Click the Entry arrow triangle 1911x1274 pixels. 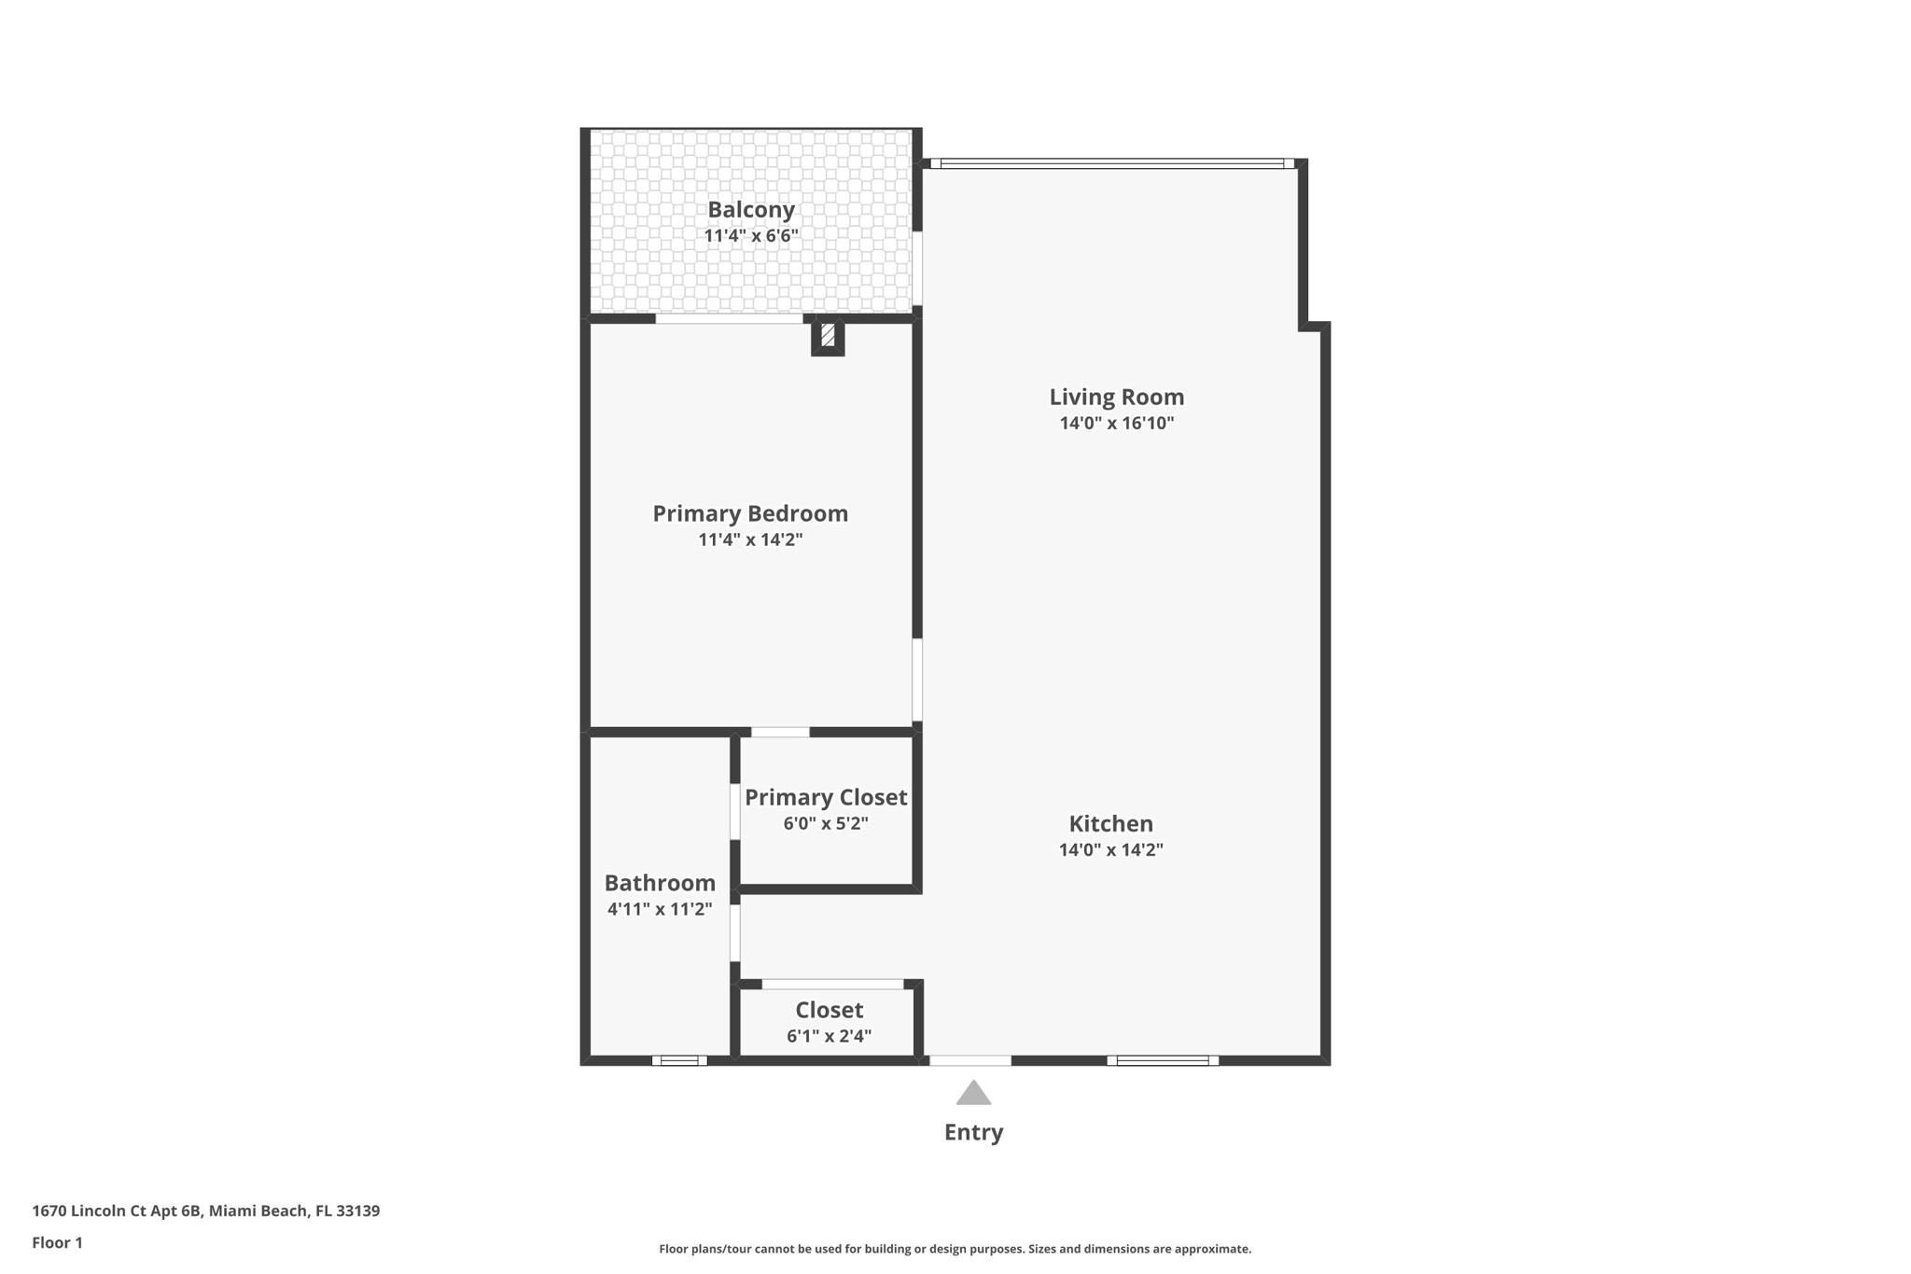[x=973, y=1094]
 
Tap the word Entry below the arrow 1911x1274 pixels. [x=973, y=1132]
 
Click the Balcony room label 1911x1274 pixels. [x=751, y=210]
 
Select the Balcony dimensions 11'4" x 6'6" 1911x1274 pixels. [x=751, y=235]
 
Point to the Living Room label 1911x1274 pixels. [x=1117, y=397]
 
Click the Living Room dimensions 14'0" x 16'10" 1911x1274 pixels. [x=1117, y=423]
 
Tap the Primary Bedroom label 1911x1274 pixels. [x=750, y=513]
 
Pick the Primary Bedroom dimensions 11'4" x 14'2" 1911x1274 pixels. [x=750, y=539]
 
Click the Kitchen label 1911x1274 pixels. [x=1110, y=824]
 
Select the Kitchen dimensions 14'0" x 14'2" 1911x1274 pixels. [x=1110, y=849]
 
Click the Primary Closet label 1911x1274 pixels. [x=826, y=798]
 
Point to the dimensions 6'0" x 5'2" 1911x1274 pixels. [x=826, y=823]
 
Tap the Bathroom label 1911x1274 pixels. [x=660, y=883]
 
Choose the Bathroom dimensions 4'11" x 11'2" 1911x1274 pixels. [x=660, y=909]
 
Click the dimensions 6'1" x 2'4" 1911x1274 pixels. [x=829, y=1036]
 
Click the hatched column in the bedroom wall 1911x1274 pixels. [x=828, y=335]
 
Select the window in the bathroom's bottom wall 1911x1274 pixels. [x=679, y=1060]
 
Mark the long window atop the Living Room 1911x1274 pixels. [x=1112, y=163]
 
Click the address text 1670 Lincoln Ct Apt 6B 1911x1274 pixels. [x=117, y=1211]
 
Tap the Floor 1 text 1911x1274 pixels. [x=57, y=1243]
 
